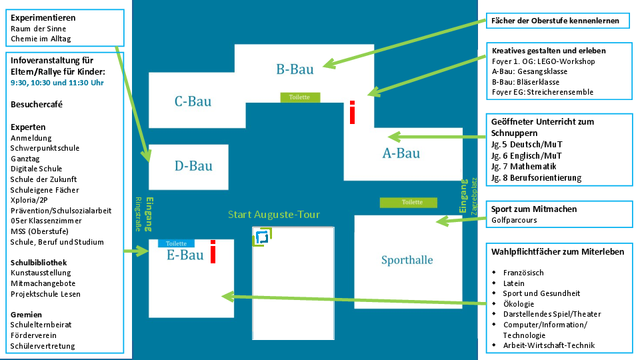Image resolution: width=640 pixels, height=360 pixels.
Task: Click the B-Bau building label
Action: pos(295,68)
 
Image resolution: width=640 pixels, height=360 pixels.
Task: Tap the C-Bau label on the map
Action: pos(193,101)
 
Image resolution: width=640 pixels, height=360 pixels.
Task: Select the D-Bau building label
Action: pos(193,166)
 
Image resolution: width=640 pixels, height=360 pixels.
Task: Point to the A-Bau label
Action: pos(401,153)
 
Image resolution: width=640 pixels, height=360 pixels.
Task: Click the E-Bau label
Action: pos(185,255)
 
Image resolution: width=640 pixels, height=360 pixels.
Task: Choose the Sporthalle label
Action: pos(407,260)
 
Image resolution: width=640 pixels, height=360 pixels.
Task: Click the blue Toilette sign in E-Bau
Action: pos(176,244)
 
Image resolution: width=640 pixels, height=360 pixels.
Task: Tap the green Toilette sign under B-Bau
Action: pos(299,97)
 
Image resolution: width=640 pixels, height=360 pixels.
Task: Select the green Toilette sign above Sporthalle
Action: pos(408,202)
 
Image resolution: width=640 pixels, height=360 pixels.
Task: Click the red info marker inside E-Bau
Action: pos(213,251)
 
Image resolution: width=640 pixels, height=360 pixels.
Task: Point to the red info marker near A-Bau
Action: pos(352,112)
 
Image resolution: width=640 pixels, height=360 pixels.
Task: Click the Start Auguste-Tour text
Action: pos(273,215)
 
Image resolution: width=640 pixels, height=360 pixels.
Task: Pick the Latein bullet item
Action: pos(513,283)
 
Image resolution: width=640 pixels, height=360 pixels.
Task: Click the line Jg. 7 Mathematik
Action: pos(523,167)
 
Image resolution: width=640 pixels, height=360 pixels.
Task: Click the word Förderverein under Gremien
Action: pos(33,335)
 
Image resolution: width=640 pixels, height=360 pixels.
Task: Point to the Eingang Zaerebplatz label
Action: pos(466,195)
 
